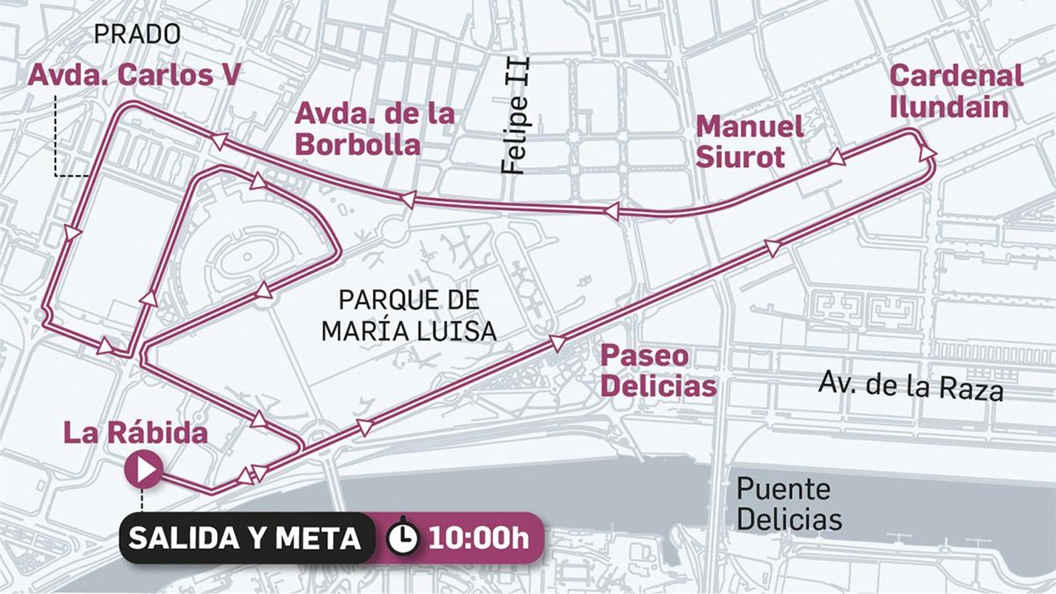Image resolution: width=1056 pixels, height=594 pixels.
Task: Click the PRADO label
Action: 137,34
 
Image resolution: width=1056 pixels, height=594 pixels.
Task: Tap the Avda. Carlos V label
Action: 134,75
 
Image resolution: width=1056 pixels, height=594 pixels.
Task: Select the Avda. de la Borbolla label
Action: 374,129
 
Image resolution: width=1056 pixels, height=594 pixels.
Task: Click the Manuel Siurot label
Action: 749,141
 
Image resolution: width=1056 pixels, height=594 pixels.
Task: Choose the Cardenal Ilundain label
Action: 955,91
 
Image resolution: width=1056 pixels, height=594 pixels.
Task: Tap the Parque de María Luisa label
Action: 409,315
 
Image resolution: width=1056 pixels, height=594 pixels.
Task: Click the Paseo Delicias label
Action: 657,370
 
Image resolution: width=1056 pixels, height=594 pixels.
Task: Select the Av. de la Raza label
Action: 911,385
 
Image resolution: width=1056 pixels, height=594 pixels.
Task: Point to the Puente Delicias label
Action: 789,504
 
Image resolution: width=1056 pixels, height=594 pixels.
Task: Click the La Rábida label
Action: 135,433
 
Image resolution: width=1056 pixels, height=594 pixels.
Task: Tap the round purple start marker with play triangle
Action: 143,470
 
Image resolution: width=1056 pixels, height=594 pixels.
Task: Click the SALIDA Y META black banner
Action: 244,538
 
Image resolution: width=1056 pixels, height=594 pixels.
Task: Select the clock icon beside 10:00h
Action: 402,539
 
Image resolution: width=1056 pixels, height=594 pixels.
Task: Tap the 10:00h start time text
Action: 478,539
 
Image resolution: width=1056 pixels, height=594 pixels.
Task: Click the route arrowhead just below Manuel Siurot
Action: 837,156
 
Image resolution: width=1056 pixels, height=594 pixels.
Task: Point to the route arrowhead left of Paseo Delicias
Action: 558,343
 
